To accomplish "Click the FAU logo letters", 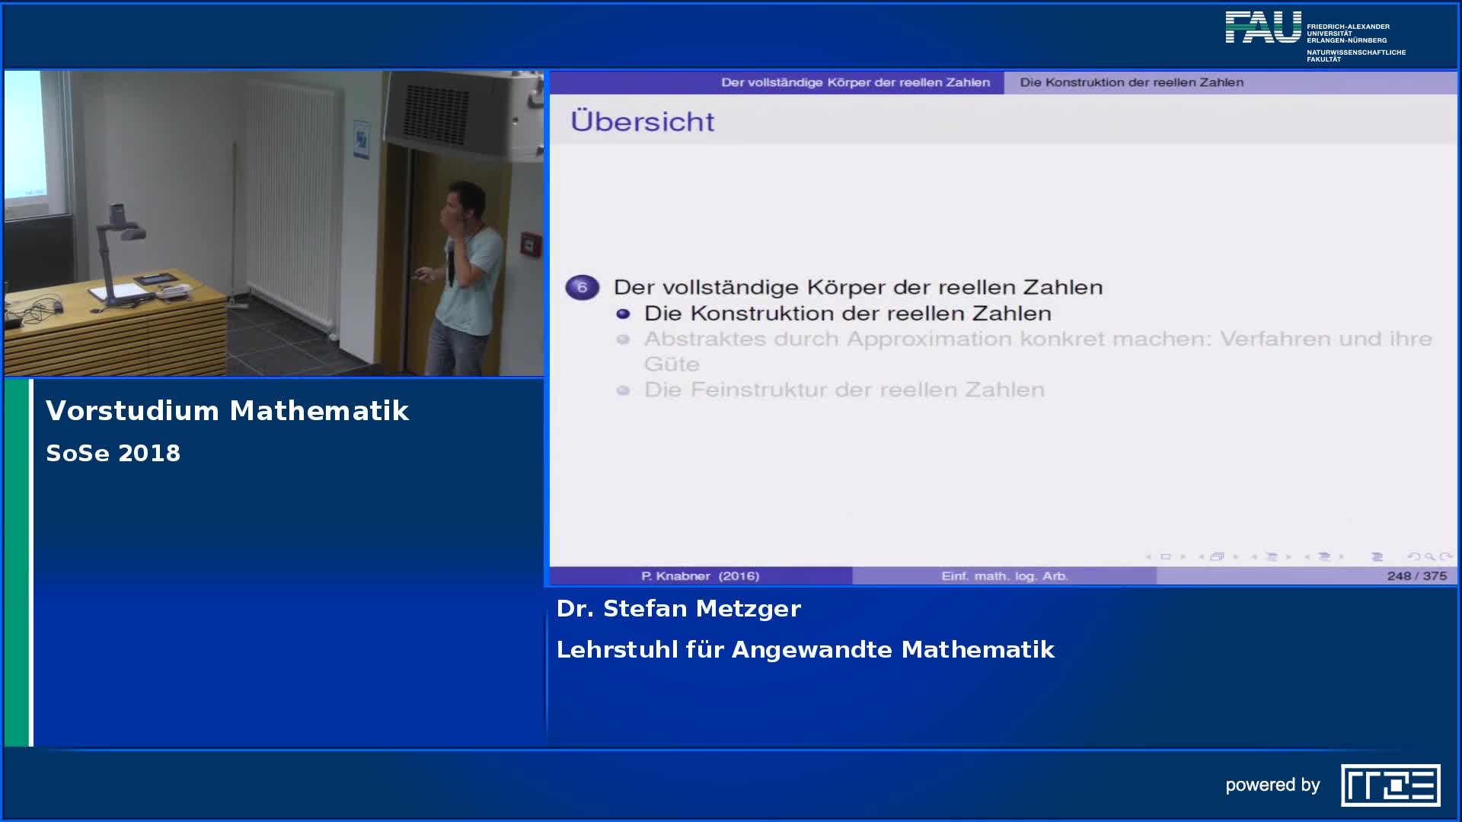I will coord(1263,27).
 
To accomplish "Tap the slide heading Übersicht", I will coord(642,122).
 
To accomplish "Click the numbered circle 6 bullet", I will coord(582,287).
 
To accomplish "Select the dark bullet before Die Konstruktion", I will coord(623,314).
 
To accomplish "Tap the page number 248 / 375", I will coord(1416,576).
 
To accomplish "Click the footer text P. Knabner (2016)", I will coord(700,576).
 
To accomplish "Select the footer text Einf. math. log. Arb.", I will coord(1004,576).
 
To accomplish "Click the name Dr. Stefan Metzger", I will coord(678,609).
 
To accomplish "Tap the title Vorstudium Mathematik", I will coord(227,411).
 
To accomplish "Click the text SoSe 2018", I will coord(113,454).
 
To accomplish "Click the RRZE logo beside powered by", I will coord(1390,785).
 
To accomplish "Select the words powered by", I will coord(1272,785).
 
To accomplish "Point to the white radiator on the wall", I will coord(291,198).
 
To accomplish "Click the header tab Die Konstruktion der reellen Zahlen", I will coord(1131,82).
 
